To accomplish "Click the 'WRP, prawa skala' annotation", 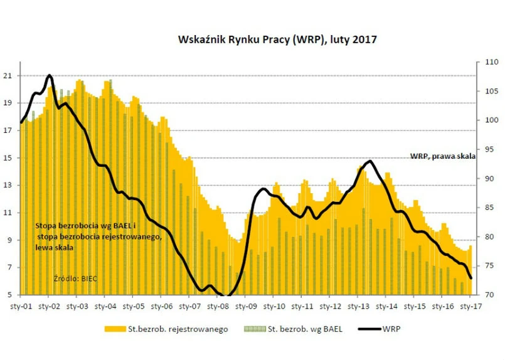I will pos(442,155).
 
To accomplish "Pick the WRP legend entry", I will pos(391,329).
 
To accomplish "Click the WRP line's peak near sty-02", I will pos(49,76).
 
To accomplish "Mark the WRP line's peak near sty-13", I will pos(371,161).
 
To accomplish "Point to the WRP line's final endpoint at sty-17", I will pos(471,278).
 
